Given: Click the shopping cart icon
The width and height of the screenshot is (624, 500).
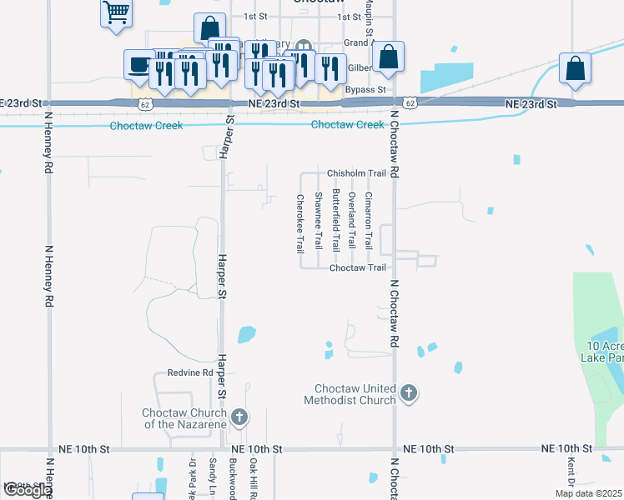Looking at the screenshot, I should pos(117,12).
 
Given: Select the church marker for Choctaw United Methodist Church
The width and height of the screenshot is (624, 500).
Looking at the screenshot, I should pos(408,392).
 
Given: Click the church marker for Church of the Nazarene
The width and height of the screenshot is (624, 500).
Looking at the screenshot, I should pos(239,416).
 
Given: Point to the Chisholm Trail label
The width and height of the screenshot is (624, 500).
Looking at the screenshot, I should pos(356,173).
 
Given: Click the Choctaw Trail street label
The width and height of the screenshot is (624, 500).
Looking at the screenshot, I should pos(358,267).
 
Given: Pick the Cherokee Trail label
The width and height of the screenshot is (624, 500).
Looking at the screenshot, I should pos(299,223).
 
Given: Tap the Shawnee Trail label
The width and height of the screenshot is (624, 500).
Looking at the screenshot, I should pos(318,221).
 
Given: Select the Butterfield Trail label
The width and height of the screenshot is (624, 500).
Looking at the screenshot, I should pos(335,220).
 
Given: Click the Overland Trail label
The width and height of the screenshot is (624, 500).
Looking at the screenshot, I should pos(352,221).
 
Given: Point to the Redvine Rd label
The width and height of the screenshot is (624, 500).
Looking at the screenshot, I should pos(190,372).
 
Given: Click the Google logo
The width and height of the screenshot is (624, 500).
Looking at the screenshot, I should pos(28,490).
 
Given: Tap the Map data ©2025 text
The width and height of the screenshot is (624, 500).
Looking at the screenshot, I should pos(588,493).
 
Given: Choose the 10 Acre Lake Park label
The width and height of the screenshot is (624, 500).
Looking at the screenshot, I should pos(602,351).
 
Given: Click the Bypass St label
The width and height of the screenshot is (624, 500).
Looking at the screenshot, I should pos(365,89).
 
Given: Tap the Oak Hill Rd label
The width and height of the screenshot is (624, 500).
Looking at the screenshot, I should pos(253,478).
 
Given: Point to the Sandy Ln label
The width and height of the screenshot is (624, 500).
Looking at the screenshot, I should pos(213,477).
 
